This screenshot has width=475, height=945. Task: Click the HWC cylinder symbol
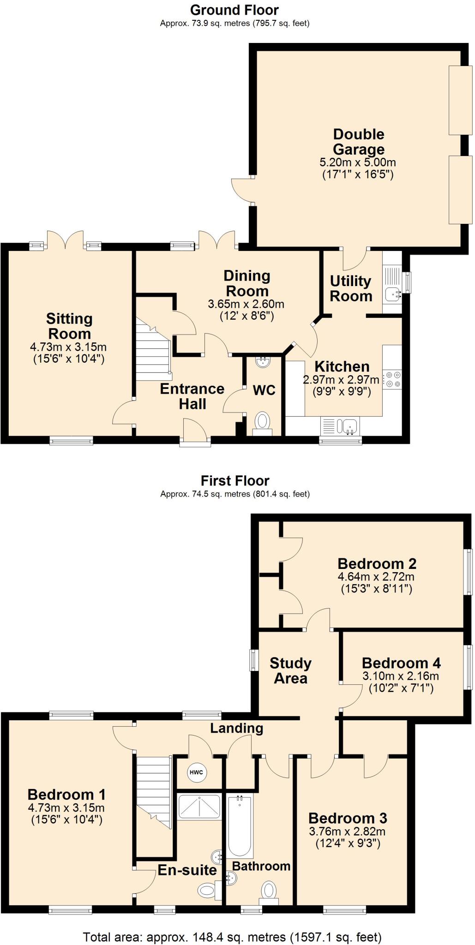click(197, 772)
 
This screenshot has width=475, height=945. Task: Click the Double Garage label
click(359, 142)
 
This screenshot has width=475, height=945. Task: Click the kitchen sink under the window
click(341, 426)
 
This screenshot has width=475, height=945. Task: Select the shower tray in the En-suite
click(199, 807)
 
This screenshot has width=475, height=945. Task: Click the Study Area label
click(290, 670)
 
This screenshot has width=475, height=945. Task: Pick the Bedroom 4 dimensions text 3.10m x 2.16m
click(401, 676)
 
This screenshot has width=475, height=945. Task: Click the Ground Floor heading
click(234, 10)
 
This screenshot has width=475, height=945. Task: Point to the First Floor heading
click(235, 481)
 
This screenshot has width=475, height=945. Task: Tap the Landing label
click(237, 728)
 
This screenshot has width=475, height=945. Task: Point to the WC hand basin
click(264, 362)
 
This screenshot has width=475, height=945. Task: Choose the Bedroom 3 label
click(348, 818)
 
